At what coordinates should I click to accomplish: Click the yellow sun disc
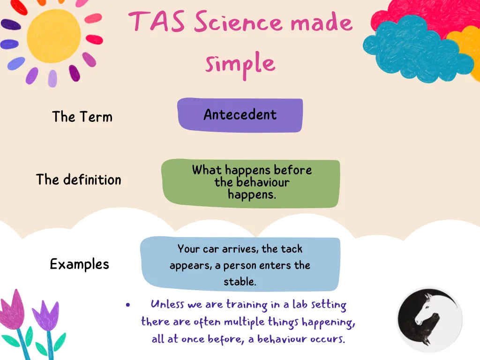[x=54, y=36]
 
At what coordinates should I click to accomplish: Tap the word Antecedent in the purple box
[x=240, y=115]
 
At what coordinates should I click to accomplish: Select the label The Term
[x=82, y=117]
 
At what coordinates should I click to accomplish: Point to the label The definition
[x=79, y=180]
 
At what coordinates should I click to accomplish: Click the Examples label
[x=80, y=264]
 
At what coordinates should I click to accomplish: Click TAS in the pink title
[x=157, y=21]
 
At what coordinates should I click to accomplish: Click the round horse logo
[x=429, y=319]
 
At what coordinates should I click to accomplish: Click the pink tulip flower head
[x=12, y=309]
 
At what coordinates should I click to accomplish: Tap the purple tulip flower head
[x=45, y=315]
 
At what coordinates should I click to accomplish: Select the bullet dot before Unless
[x=128, y=305]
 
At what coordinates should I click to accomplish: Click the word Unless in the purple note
[x=167, y=304]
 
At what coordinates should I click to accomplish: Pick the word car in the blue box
[x=211, y=249]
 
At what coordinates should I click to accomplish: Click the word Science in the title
[x=238, y=22]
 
